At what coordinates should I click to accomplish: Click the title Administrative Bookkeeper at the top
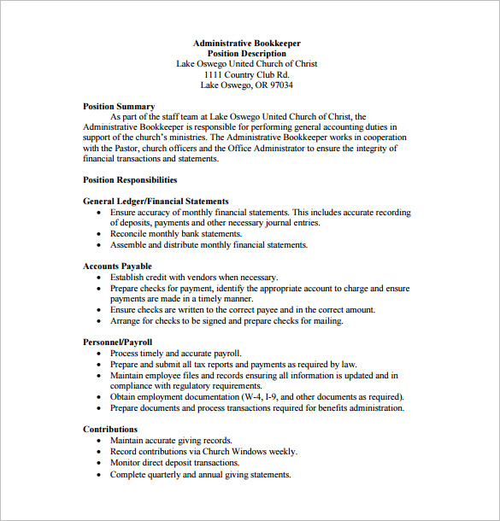(246, 43)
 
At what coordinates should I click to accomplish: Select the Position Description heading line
(246, 53)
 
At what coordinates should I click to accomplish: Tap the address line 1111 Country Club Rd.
(246, 74)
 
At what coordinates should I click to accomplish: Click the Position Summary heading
(119, 107)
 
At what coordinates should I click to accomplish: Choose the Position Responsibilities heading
(130, 180)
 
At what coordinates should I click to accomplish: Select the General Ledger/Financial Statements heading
(156, 202)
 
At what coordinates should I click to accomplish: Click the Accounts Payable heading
(117, 266)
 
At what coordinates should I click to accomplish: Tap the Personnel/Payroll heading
(119, 342)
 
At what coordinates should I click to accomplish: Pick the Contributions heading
(110, 429)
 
